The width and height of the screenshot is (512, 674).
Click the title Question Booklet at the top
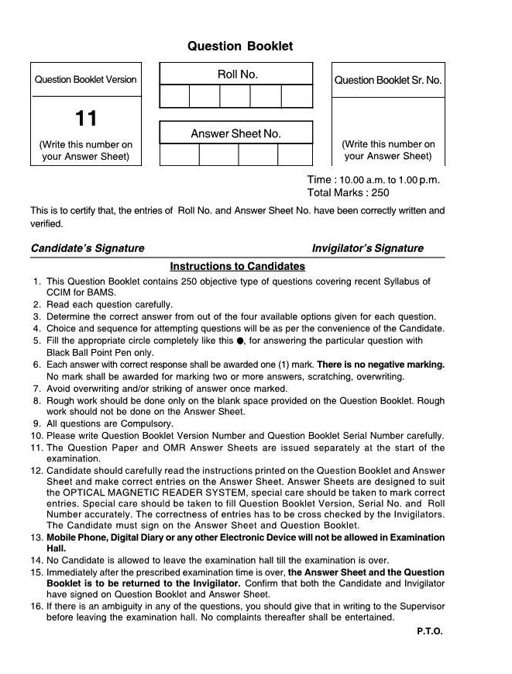[x=240, y=47]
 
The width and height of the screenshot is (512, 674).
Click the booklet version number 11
[x=86, y=119]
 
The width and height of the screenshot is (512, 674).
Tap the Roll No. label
[x=237, y=74]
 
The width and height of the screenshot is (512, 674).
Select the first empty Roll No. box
[x=174, y=96]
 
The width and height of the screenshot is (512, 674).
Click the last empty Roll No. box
[x=297, y=96]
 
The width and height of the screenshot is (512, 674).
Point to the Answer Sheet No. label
[x=235, y=133]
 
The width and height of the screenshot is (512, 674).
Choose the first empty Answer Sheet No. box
[x=179, y=154]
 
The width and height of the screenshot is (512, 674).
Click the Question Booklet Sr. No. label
[x=388, y=80]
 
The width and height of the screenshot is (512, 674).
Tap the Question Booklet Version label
[x=85, y=79]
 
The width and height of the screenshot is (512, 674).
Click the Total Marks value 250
[x=380, y=193]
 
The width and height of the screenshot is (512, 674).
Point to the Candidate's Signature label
[x=88, y=248]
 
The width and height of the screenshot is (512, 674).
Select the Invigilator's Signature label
[x=367, y=248]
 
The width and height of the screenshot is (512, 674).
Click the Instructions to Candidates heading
[x=238, y=266]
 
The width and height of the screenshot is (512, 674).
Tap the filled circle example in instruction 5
[x=240, y=340]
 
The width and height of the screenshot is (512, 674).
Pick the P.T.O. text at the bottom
[x=429, y=631]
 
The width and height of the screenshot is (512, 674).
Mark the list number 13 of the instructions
[x=36, y=537]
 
